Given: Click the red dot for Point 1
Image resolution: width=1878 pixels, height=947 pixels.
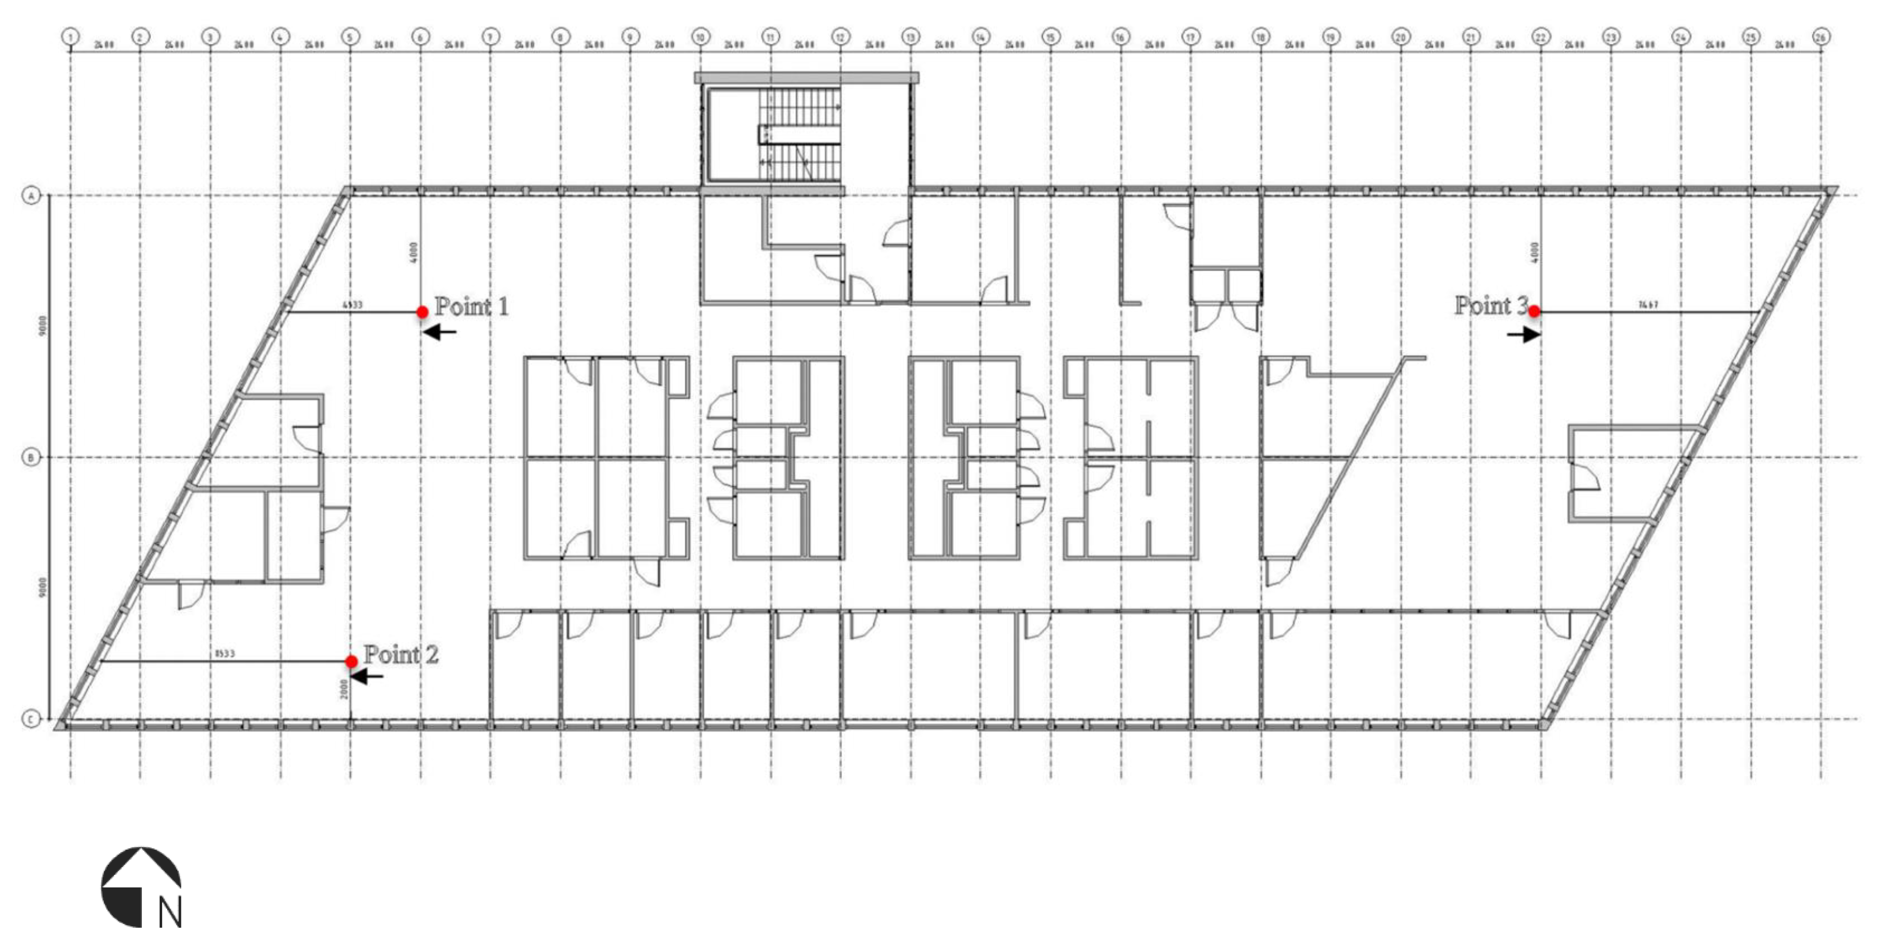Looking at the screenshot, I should pos(422,312).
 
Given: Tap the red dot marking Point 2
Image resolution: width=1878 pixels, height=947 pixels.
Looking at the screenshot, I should pos(351,661).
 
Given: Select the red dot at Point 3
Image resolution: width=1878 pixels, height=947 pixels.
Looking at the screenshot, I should pos(1534,311).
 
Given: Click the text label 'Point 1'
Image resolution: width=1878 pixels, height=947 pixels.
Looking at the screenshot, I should pos(471,306).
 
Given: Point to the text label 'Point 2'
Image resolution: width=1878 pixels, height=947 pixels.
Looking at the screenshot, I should pos(401,655).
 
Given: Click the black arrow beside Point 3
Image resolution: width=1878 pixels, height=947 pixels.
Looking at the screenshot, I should pos(1524,335).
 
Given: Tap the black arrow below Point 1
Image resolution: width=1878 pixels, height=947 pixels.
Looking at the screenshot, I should pos(440,333).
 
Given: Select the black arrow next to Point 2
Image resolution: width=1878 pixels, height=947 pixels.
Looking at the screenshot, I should pos(367,676).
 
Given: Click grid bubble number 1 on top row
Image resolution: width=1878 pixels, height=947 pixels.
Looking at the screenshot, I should pos(71,36).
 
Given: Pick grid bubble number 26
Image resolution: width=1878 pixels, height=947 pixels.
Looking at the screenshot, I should pos(1820,36).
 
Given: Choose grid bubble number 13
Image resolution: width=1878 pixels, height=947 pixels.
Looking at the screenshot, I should pos(910,36).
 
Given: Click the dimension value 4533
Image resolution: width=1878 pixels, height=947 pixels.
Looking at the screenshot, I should pos(352,305).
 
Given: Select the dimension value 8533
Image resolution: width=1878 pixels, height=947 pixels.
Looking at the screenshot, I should pos(225,654).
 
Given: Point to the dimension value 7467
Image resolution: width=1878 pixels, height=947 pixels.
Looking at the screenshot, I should pos(1648,305).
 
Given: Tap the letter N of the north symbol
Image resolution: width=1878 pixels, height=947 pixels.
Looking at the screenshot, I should pos(170,912).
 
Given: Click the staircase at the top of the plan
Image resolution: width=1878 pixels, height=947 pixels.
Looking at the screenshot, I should pos(800,135).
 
